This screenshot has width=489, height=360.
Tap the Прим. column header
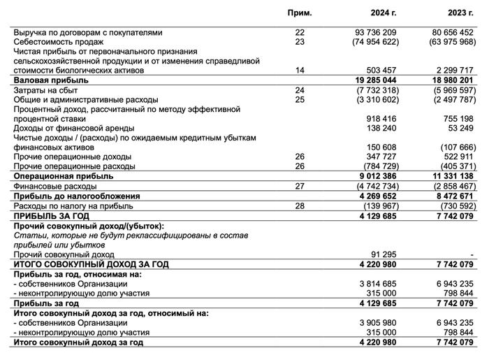[x=300, y=13]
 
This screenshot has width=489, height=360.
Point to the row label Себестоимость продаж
[x=57, y=42]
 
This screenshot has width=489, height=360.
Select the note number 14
[x=300, y=71]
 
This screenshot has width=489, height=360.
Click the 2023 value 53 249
[x=462, y=129]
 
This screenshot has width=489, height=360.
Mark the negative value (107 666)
[x=458, y=148]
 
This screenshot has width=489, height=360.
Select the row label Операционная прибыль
[x=56, y=177]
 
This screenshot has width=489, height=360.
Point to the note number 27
[x=300, y=187]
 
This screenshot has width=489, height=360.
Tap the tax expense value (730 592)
[x=458, y=206]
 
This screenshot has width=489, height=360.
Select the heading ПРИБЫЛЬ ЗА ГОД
[x=50, y=216]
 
